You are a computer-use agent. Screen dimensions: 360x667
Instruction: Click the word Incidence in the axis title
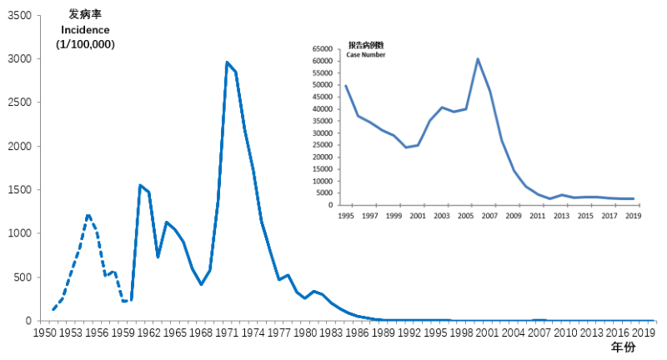(x=85, y=30)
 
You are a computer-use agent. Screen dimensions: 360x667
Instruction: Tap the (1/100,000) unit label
(x=85, y=44)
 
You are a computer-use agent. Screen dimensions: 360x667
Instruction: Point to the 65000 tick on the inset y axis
(x=323, y=48)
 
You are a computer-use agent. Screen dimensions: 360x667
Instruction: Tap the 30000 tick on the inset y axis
(x=323, y=132)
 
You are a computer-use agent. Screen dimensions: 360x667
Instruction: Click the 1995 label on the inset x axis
(x=345, y=216)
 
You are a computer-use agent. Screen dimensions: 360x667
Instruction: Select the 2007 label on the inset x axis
(x=489, y=216)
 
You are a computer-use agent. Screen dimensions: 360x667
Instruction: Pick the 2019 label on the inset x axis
(x=634, y=216)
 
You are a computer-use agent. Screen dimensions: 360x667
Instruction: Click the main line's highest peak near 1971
(x=227, y=62)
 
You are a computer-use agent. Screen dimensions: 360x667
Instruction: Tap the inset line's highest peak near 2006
(x=478, y=58)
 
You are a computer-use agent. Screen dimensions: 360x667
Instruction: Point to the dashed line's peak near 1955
(x=88, y=214)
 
